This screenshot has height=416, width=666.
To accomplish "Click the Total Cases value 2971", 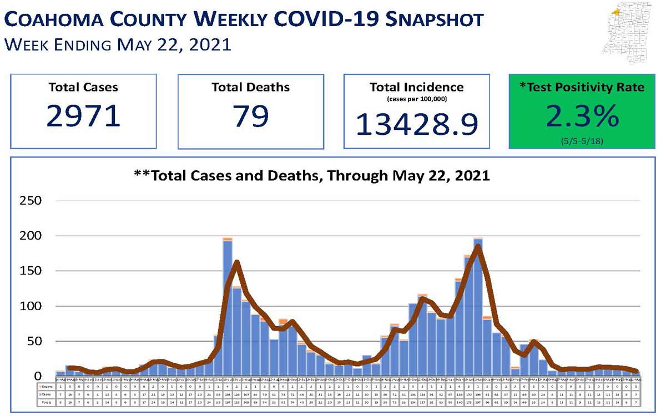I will (x=83, y=116).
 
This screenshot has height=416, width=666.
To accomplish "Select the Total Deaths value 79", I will (x=250, y=116).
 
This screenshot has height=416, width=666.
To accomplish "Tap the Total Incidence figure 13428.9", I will (x=416, y=124).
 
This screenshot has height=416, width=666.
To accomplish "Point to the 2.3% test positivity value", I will (x=582, y=116).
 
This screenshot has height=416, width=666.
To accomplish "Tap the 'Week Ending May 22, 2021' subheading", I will (x=117, y=44).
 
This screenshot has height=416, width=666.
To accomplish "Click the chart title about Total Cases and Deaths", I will (x=312, y=176).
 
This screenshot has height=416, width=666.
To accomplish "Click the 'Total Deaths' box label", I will (x=250, y=87).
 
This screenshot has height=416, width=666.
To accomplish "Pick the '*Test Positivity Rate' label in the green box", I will (x=582, y=88).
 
